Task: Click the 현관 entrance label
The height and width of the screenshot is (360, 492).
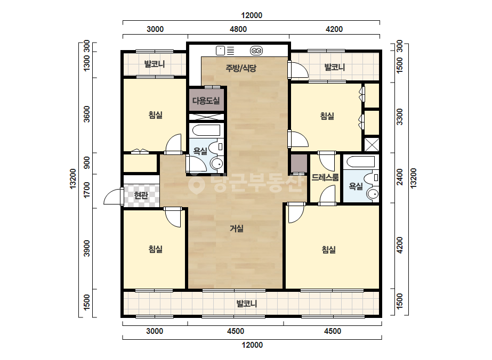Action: (141, 195)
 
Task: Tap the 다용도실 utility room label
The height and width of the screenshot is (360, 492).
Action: (206, 101)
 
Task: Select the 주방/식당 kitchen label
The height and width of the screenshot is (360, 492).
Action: (241, 68)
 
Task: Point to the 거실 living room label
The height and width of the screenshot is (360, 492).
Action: (237, 228)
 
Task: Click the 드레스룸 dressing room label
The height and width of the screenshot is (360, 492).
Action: (325, 177)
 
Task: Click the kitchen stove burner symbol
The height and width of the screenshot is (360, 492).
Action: (256, 51)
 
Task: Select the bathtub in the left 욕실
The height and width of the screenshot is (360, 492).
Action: (206, 130)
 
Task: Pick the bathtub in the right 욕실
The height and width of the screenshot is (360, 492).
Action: (360, 161)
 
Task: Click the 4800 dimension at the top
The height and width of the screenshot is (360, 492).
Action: (238, 29)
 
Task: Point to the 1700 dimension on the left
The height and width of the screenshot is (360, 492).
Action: (87, 190)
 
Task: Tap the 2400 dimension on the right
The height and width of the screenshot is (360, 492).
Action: (399, 177)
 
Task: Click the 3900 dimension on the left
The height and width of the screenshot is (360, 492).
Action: (87, 248)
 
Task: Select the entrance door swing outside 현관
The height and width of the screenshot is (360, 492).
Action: (112, 197)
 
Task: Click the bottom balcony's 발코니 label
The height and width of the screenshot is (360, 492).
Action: (247, 304)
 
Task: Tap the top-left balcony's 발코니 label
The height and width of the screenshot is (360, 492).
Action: (155, 64)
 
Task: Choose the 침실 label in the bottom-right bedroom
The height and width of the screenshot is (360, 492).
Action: (328, 250)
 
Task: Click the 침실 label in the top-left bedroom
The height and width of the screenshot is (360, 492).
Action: (155, 115)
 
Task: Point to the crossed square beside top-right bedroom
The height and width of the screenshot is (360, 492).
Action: (372, 144)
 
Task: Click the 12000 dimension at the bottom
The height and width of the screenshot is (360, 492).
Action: (252, 345)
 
